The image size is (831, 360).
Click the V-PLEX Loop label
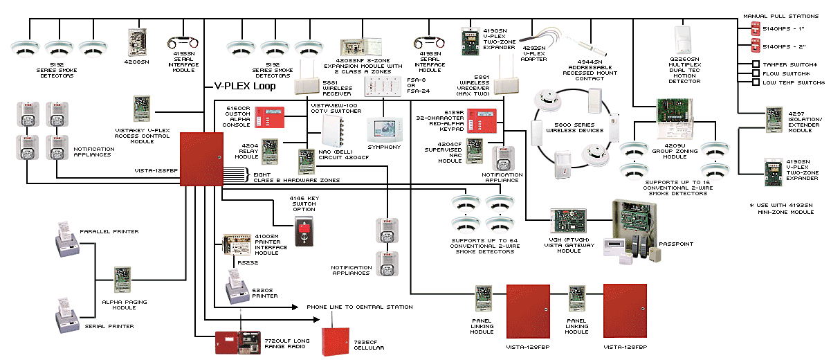(x=244, y=87)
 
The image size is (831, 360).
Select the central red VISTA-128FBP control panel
(x=201, y=159)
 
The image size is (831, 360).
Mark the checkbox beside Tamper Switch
(x=756, y=64)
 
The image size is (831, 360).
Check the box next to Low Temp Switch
(x=756, y=82)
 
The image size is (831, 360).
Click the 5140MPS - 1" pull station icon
(x=756, y=30)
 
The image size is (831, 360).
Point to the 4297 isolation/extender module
(x=773, y=119)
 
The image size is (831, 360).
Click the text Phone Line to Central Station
(x=360, y=307)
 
